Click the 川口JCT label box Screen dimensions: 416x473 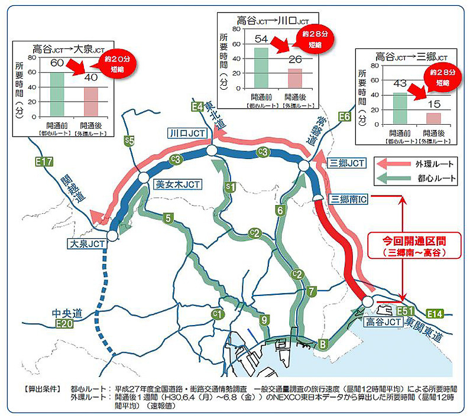pyautogui.click(x=187, y=134)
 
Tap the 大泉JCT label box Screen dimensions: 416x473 pyautogui.click(x=86, y=243)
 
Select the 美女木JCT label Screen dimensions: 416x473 pyautogui.click(x=177, y=185)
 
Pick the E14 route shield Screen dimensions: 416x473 pyautogui.click(x=434, y=313)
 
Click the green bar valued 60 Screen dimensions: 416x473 pyautogui.click(x=57, y=93)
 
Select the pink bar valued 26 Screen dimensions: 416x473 pyautogui.click(x=294, y=79)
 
